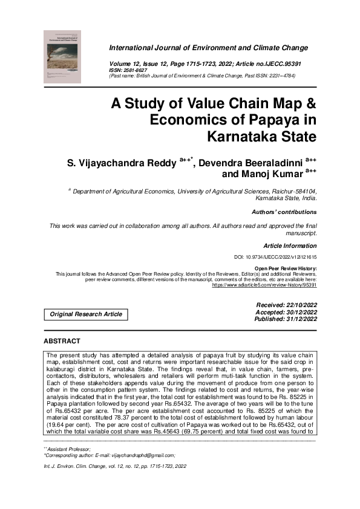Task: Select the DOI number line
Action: coord(275,257)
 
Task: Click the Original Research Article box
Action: coord(86,314)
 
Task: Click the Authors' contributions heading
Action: coord(284,212)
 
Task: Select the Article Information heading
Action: coord(290,246)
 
